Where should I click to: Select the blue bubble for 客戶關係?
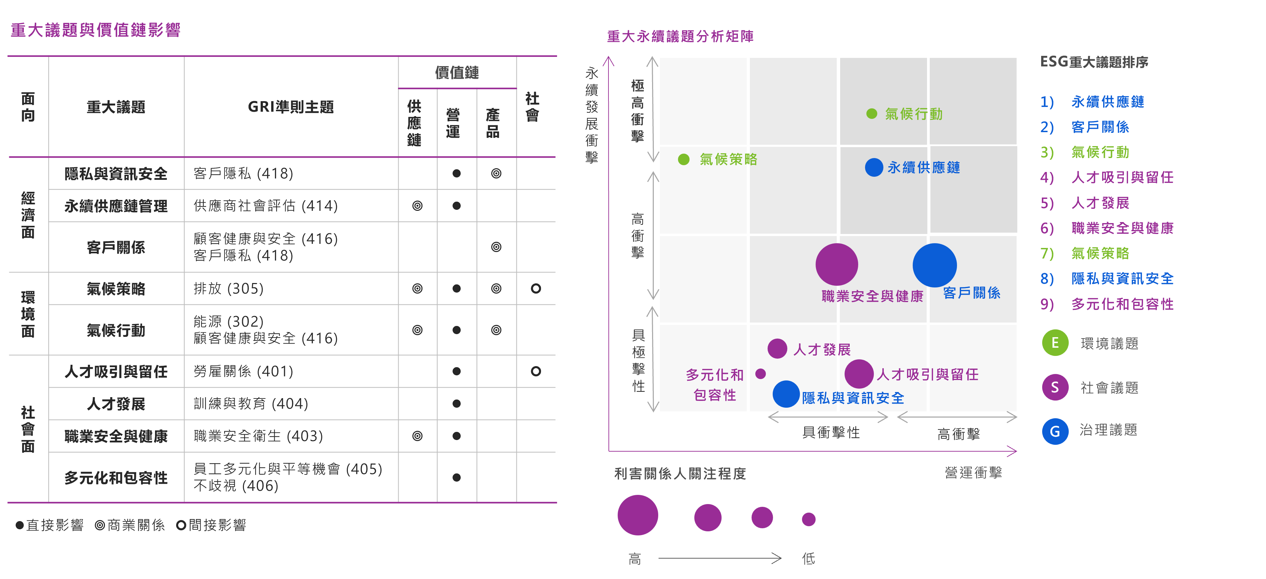click(x=934, y=265)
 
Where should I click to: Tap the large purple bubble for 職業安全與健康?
click(x=836, y=264)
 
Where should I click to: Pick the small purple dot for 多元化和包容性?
click(x=760, y=374)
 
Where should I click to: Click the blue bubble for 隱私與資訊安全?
click(x=786, y=394)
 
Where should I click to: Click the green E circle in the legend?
click(x=1055, y=343)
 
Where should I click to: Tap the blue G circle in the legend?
click(x=1055, y=432)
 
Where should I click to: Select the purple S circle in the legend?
click(x=1055, y=387)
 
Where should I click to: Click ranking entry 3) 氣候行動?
click(x=1099, y=152)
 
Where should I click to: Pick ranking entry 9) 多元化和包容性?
click(x=1122, y=304)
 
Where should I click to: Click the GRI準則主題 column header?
click(x=291, y=107)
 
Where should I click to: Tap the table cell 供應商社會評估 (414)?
click(x=265, y=205)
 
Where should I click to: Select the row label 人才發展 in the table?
click(x=116, y=404)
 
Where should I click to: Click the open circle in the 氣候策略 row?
click(x=536, y=288)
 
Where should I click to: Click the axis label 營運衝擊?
click(x=973, y=473)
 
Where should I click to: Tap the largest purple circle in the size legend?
click(x=637, y=515)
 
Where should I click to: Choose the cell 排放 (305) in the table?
click(x=229, y=288)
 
